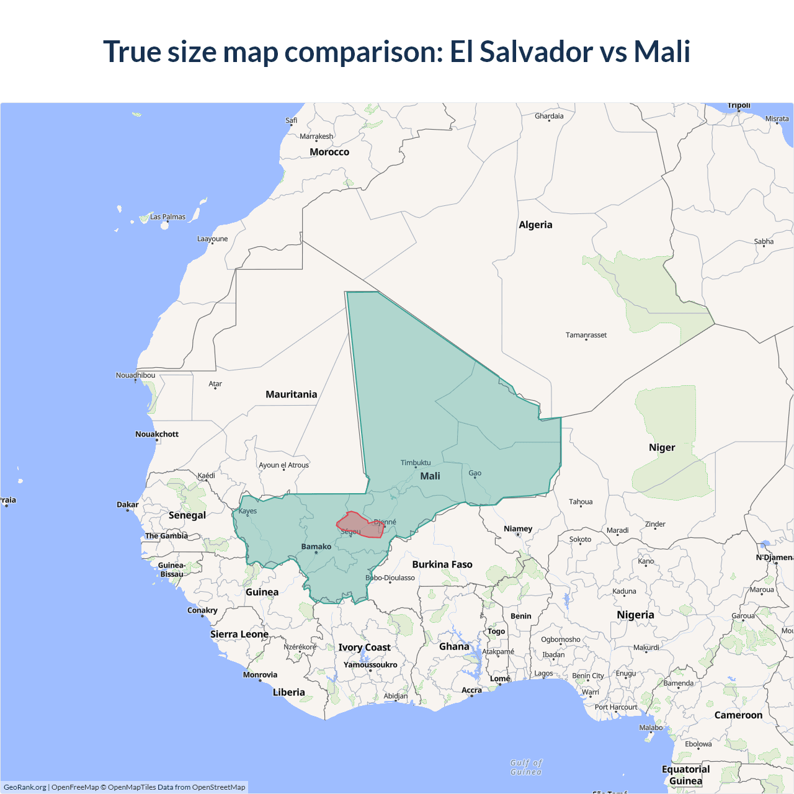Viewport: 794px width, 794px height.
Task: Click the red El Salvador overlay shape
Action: (x=361, y=525)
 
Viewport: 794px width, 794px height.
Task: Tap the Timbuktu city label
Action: (x=416, y=463)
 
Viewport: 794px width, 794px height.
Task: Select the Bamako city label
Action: (x=316, y=546)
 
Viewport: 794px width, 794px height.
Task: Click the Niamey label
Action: (x=518, y=529)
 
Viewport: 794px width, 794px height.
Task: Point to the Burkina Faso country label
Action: (x=442, y=564)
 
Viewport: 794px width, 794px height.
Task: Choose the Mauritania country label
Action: (x=291, y=395)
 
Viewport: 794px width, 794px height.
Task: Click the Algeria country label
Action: (x=535, y=225)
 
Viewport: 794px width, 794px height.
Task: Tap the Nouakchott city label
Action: (x=157, y=434)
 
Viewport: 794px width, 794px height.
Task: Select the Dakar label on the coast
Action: (x=128, y=504)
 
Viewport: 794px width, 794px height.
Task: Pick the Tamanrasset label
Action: (x=586, y=335)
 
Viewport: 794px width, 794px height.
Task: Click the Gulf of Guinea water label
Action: (x=526, y=767)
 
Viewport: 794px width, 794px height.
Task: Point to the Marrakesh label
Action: (x=316, y=136)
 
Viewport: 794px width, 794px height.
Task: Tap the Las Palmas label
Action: (x=167, y=217)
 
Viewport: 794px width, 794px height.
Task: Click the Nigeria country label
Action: (x=635, y=615)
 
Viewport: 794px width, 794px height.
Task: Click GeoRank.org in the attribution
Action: (x=25, y=787)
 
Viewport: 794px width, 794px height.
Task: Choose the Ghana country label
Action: (x=454, y=646)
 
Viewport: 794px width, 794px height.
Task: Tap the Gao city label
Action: (x=475, y=473)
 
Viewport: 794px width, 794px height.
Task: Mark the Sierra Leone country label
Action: (x=239, y=634)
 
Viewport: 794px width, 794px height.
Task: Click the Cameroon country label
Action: (x=738, y=715)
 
